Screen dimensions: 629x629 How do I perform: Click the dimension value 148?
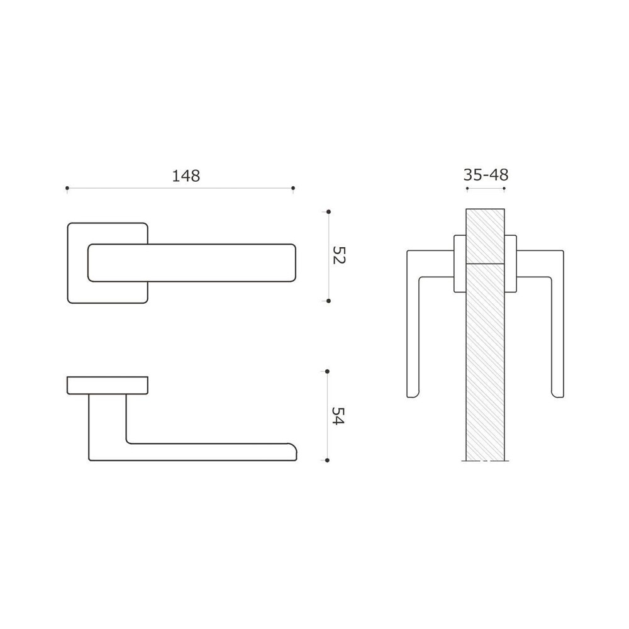tap(186, 176)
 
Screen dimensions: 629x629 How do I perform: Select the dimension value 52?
tap(339, 256)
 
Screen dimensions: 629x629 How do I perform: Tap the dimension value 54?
tap(338, 416)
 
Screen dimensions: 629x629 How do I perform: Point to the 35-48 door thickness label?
tap(486, 175)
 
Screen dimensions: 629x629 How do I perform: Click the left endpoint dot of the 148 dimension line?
tap(67, 188)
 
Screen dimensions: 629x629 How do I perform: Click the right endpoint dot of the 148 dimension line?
tap(293, 188)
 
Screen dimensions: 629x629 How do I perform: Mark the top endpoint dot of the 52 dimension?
tap(328, 212)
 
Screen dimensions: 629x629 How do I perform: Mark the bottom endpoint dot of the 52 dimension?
tap(328, 301)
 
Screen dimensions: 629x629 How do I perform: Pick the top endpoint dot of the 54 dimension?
tap(328, 372)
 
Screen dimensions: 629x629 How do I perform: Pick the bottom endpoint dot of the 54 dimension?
tap(328, 460)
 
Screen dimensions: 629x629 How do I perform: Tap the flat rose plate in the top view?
tap(108, 385)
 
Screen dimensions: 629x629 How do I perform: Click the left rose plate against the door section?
tap(460, 264)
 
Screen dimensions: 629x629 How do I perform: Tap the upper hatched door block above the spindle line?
tap(485, 236)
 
